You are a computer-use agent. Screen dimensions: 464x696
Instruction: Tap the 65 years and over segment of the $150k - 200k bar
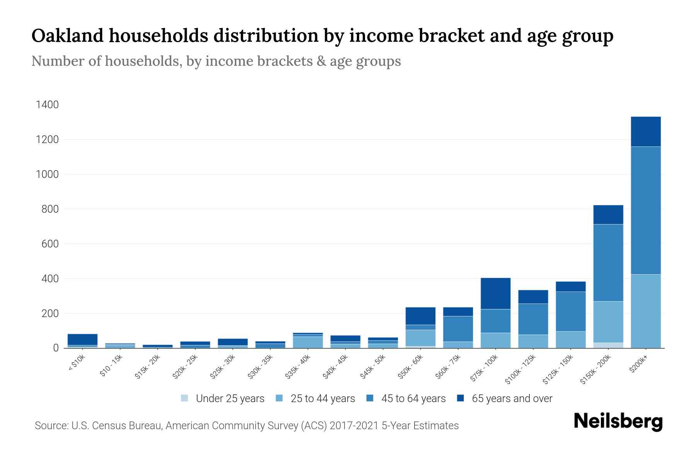pos(608,214)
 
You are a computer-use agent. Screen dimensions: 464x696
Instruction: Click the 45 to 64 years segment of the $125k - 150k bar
pos(570,311)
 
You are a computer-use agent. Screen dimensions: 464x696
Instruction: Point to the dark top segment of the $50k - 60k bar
pos(420,316)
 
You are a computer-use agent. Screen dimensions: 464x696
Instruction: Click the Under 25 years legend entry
pos(223,398)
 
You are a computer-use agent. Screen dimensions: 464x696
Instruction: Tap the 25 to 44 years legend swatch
pos(279,398)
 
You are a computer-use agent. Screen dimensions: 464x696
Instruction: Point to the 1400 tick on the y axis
pos(47,105)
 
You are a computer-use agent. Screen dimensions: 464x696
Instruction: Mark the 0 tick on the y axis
pos(56,348)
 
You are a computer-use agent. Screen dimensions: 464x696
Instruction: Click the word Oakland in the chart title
pos(67,36)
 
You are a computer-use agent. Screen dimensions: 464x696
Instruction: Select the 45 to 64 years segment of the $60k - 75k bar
pos(458,329)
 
